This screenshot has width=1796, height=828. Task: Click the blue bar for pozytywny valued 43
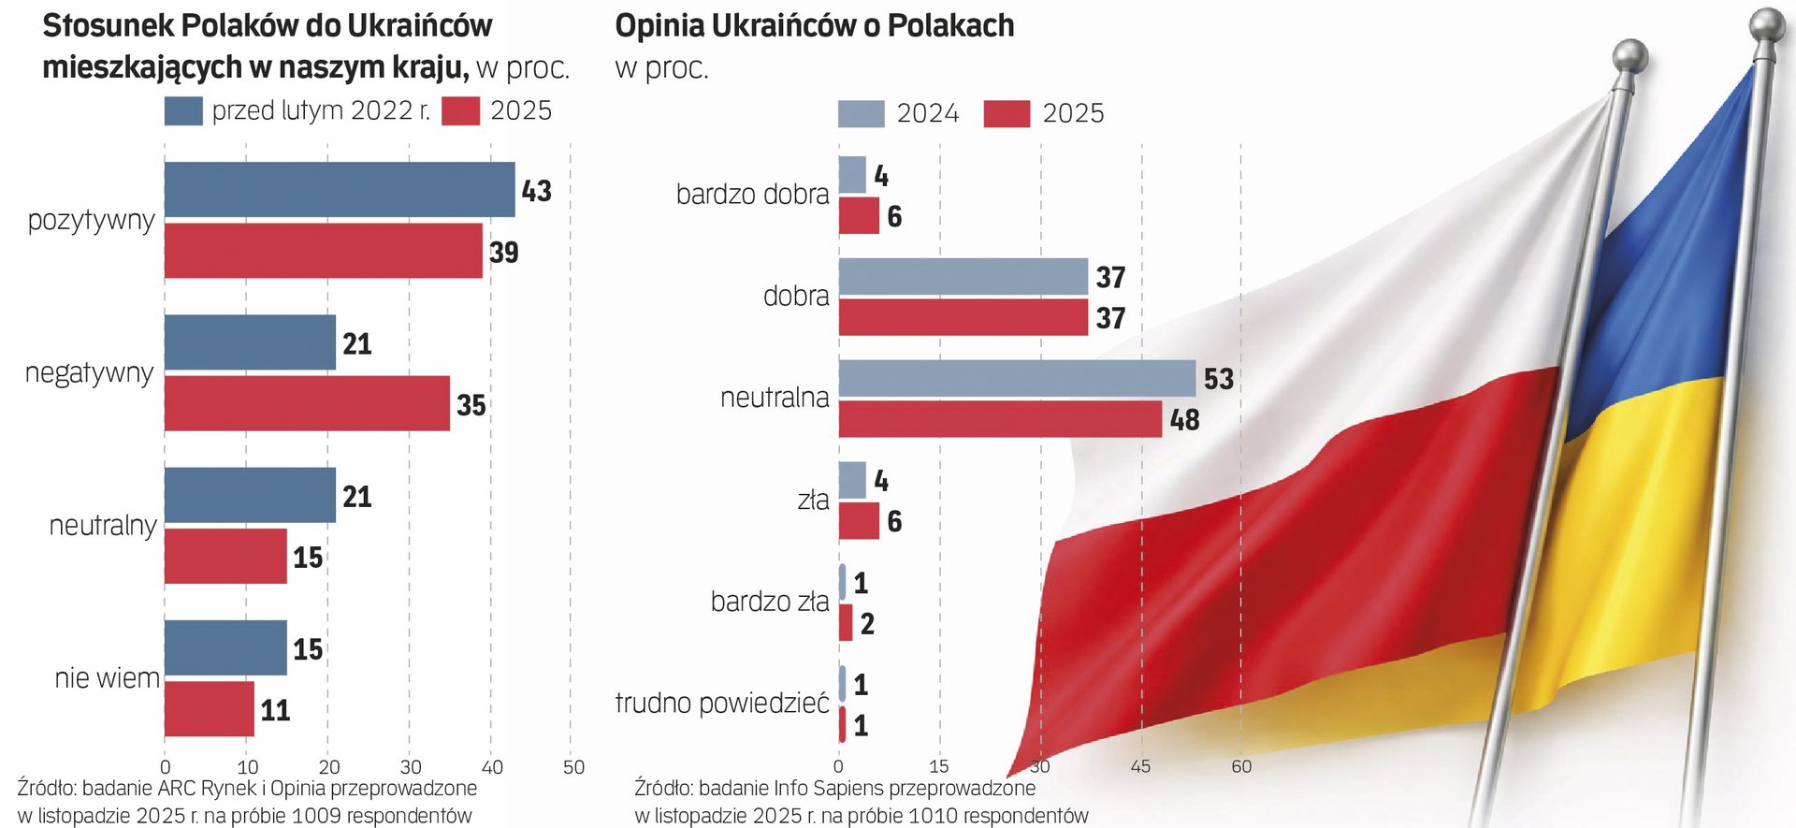pyautogui.click(x=339, y=190)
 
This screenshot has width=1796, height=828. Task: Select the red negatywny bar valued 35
pyautogui.click(x=307, y=403)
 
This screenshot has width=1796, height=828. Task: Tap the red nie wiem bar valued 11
pyautogui.click(x=210, y=709)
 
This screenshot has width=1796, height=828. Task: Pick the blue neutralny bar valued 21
pyautogui.click(x=250, y=495)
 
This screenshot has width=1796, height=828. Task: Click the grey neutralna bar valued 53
pyautogui.click(x=1016, y=378)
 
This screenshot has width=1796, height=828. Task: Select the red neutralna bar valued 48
pyautogui.click(x=999, y=419)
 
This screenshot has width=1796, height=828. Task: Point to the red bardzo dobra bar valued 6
pyautogui.click(x=858, y=216)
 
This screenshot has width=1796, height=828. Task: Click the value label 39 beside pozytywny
pyautogui.click(x=504, y=252)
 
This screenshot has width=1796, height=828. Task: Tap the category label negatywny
pyautogui.click(x=89, y=372)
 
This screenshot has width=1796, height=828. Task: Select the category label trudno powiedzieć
pyautogui.click(x=721, y=703)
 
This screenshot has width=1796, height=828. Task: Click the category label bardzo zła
pyautogui.click(x=769, y=601)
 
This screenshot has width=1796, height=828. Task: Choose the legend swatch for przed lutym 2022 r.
pyautogui.click(x=183, y=110)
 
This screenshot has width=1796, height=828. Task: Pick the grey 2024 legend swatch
pyautogui.click(x=861, y=113)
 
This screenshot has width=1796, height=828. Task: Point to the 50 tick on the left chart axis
pyautogui.click(x=573, y=767)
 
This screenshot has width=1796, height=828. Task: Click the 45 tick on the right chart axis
pyautogui.click(x=1140, y=766)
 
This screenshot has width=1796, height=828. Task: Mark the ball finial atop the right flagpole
pyautogui.click(x=1768, y=23)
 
